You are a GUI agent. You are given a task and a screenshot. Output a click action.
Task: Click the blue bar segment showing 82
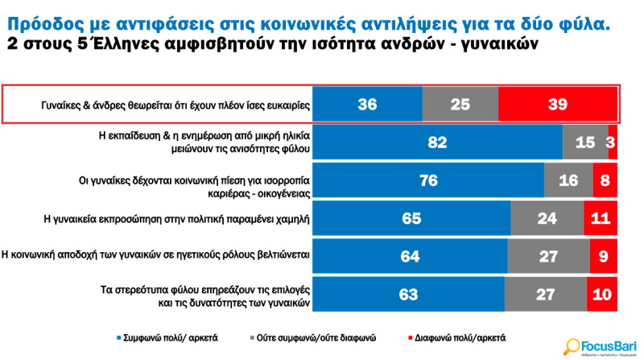tap(437, 143)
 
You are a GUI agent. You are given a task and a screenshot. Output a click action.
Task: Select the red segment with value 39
tap(557, 105)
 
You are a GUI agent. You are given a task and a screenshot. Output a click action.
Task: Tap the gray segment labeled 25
tap(460, 105)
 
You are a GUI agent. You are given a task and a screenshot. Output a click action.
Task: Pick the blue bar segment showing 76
tap(428, 180)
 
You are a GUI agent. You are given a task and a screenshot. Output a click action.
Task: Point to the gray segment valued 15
tap(585, 143)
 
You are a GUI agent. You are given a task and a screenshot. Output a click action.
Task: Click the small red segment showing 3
tap(613, 143)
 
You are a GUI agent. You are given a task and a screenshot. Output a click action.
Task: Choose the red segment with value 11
tap(601, 218)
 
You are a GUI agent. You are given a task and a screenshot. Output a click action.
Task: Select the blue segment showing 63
tap(408, 294)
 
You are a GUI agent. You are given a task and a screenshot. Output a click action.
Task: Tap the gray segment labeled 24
tap(547, 218)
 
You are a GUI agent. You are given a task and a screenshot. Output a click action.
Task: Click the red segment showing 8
tap(605, 180)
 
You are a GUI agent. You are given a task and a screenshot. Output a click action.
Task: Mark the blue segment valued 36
tap(367, 105)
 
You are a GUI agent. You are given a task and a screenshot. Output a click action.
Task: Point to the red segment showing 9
tap(604, 256)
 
